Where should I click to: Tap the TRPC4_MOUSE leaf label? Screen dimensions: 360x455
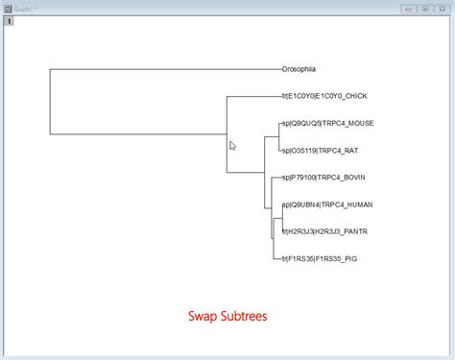coord(327,123)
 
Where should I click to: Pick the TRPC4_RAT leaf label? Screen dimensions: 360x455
coord(322,150)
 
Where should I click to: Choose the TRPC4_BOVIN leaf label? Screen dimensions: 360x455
coord(323,178)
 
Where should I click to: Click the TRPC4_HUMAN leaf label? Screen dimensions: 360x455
coord(327,204)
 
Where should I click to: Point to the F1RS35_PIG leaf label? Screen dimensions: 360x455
coord(319,258)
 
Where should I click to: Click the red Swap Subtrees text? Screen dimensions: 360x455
coord(227,315)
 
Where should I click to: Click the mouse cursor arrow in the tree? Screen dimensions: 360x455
coord(232,146)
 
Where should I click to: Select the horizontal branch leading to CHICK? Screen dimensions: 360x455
coord(253,96)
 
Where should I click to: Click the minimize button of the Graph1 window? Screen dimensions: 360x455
coord(408,8)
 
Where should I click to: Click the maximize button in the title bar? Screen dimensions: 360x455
coord(424,8)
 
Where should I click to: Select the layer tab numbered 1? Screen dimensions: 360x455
coord(10,20)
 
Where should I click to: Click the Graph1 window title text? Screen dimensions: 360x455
coord(25,8)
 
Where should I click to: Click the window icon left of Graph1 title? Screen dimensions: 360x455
coord(7,8)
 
